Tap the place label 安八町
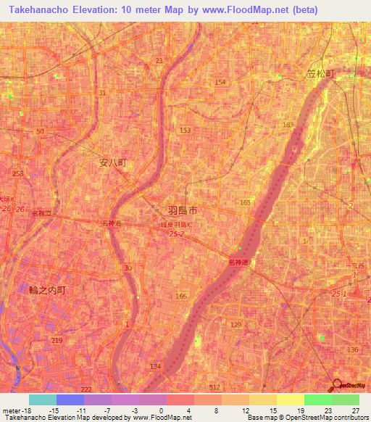pyautogui.click(x=113, y=164)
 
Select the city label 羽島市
pyautogui.click(x=182, y=210)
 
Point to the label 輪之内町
pyautogui.click(x=48, y=289)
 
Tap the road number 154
pyautogui.click(x=220, y=83)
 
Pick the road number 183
pyautogui.click(x=288, y=125)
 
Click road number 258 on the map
pyautogui.click(x=17, y=173)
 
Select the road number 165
pyautogui.click(x=245, y=202)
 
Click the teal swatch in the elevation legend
pyautogui.click(x=42, y=400)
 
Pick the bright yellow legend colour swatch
pyautogui.click(x=290, y=400)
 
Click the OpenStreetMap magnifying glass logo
pyautogui.click(x=338, y=386)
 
